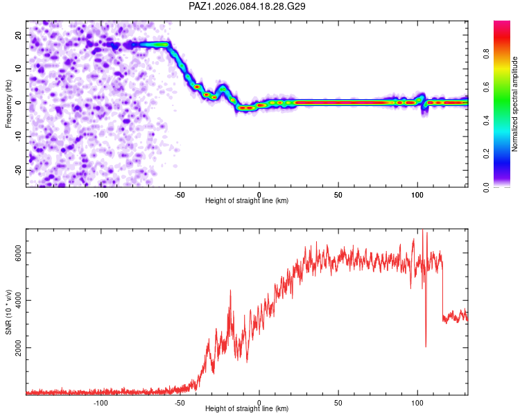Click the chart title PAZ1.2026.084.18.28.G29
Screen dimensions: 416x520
tap(248, 6)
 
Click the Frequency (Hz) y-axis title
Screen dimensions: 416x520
tap(9, 102)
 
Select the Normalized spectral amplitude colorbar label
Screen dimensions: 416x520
tap(515, 104)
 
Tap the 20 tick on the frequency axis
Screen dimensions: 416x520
tap(19, 35)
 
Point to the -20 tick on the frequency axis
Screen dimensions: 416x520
tap(17, 170)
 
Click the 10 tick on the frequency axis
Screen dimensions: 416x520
tap(19, 69)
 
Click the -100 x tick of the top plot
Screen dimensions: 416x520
tap(101, 195)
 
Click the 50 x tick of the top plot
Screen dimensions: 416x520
tap(338, 195)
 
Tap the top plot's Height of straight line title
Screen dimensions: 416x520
tap(247, 201)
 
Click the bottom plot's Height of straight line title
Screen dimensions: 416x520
tap(247, 409)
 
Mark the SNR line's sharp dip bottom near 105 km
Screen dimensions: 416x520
tap(426, 346)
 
